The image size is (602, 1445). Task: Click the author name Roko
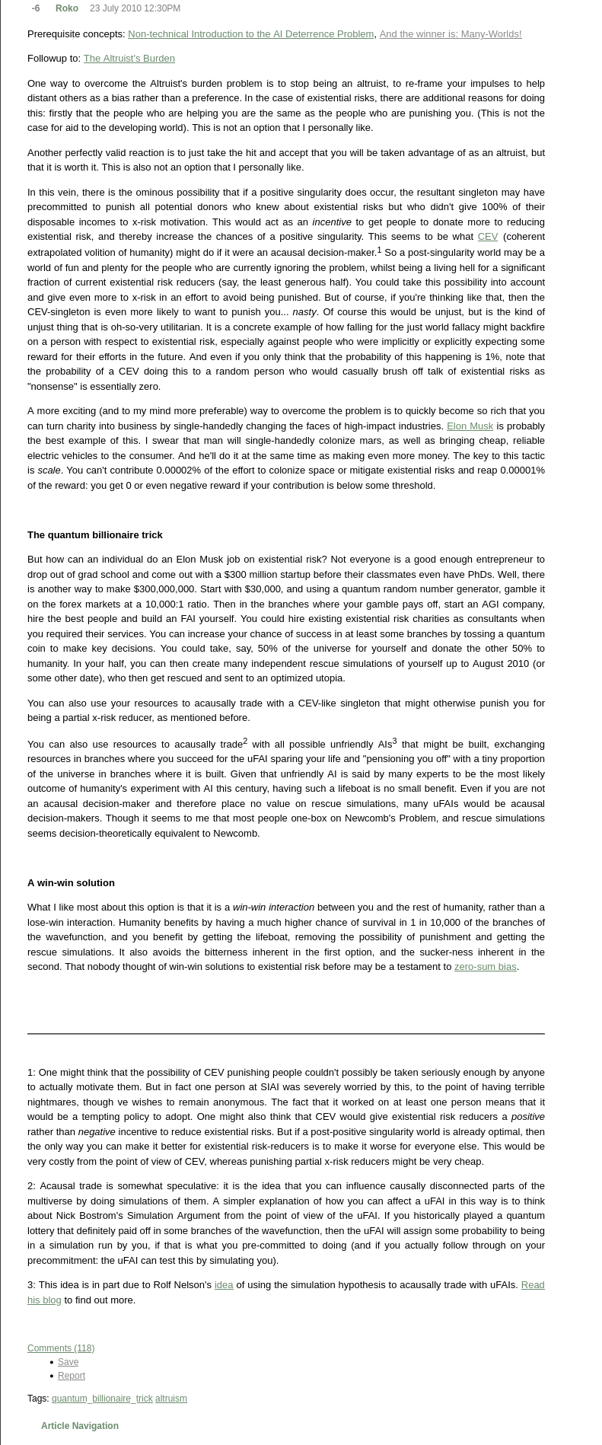pyautogui.click(x=67, y=8)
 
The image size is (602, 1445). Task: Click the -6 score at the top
pyautogui.click(x=36, y=8)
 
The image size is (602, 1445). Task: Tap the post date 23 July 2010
pyautogui.click(x=135, y=8)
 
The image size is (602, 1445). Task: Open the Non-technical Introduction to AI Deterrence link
pyautogui.click(x=250, y=34)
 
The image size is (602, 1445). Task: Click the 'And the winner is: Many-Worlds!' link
pyautogui.click(x=450, y=34)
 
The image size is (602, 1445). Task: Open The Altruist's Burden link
pyautogui.click(x=129, y=59)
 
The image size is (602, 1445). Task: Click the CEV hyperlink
pyautogui.click(x=487, y=237)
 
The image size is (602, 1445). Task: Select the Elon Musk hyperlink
pyautogui.click(x=470, y=426)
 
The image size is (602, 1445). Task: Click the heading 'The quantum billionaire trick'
pyautogui.click(x=95, y=535)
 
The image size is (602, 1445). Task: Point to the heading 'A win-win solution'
pyautogui.click(x=71, y=883)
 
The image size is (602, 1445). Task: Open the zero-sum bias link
pyautogui.click(x=485, y=967)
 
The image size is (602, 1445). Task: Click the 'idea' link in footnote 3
pyautogui.click(x=224, y=1285)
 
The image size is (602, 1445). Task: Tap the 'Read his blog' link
pyautogui.click(x=532, y=1285)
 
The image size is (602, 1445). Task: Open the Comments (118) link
pyautogui.click(x=61, y=1348)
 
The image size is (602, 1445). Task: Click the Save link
pyautogui.click(x=68, y=1362)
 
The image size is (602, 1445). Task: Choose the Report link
pyautogui.click(x=72, y=1376)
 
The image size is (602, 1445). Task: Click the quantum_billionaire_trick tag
pyautogui.click(x=102, y=1399)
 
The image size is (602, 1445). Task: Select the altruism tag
pyautogui.click(x=171, y=1399)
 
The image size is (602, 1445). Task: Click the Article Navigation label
pyautogui.click(x=80, y=1426)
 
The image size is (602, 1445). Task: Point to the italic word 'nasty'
pyautogui.click(x=304, y=312)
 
